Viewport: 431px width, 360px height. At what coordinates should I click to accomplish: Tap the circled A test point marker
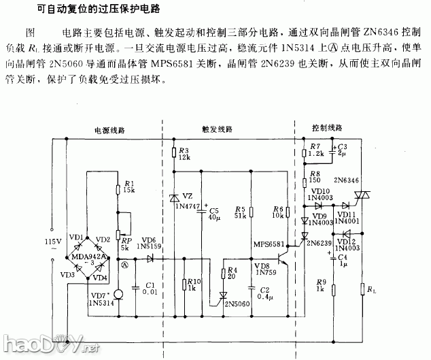coord(124,266)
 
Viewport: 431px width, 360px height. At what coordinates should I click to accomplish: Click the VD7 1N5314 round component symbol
coord(116,293)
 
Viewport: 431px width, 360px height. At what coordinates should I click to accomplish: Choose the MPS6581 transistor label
coord(267,244)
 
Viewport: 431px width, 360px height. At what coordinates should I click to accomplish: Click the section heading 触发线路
coord(217,129)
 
